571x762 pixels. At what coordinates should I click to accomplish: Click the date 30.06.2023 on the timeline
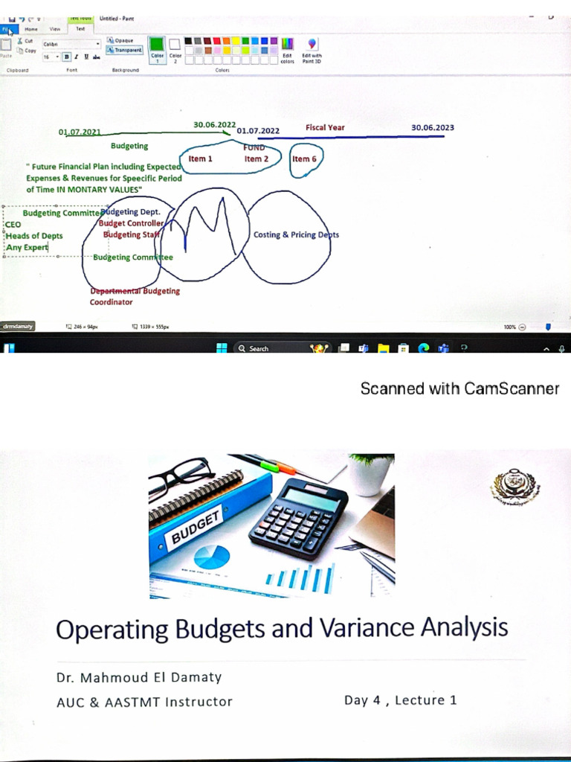tap(432, 127)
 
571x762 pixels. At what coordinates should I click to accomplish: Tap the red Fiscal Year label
tap(325, 127)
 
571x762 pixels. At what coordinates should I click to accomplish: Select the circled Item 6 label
tap(304, 159)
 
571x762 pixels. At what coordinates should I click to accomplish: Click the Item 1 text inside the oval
tap(200, 159)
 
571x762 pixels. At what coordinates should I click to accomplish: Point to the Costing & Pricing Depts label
tap(296, 234)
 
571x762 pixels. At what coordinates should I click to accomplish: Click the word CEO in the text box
tap(13, 224)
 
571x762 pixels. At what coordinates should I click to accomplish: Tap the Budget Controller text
tap(131, 223)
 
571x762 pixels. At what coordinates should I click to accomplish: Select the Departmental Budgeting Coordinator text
tap(134, 296)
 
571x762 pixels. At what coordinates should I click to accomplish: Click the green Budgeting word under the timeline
tap(129, 146)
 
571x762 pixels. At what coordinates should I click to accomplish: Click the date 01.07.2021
tap(80, 132)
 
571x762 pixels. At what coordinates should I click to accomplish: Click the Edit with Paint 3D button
tap(312, 50)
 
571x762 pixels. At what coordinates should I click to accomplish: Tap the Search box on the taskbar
tap(272, 348)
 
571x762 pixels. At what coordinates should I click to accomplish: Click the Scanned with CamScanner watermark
tap(459, 388)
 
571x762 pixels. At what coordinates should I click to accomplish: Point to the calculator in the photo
tap(299, 516)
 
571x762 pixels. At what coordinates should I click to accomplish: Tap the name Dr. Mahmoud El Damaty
tap(139, 677)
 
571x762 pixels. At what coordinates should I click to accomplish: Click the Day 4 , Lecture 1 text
tap(400, 699)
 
